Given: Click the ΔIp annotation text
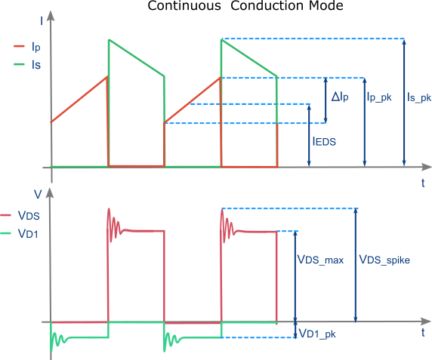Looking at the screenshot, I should (x=341, y=97).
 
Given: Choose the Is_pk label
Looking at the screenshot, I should (x=420, y=97).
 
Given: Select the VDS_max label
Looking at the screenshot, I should (x=320, y=260).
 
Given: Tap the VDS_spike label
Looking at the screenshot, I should (x=384, y=260).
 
